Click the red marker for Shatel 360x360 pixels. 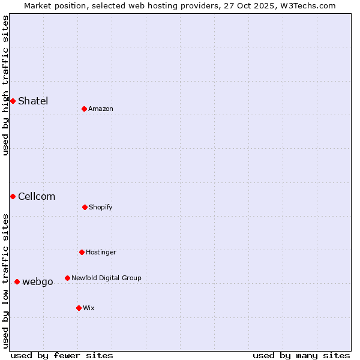pos(13,101)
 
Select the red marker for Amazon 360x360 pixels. pos(85,109)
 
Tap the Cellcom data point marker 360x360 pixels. pos(13,196)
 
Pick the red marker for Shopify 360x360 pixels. pos(85,207)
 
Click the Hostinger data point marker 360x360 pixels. pos(82,252)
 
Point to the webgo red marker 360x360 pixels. pos(17,281)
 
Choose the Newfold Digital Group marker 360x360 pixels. pos(67,278)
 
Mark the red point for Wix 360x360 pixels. pos(79,308)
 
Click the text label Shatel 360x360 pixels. pos(33,101)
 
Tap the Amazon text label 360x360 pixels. pos(101,109)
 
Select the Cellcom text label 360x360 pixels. pos(37,196)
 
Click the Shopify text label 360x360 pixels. pos(101,207)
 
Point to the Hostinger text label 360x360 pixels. pos(101,252)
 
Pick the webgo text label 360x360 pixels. pos(38,281)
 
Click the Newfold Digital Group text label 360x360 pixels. pos(106,278)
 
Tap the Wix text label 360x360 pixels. pos(89,308)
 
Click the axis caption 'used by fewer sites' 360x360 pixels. pos(62,355)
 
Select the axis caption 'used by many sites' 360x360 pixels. pos(301,355)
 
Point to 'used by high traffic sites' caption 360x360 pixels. pos(5,85)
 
